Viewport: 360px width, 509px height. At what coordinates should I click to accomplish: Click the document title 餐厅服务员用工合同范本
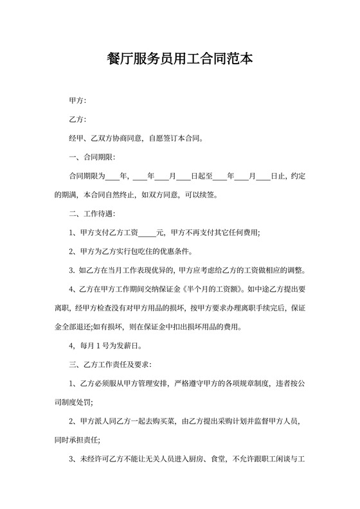click(179, 59)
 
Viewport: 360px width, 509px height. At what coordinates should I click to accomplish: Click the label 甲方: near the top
click(77, 101)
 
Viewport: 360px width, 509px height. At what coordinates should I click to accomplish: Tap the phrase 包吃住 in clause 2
click(147, 251)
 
